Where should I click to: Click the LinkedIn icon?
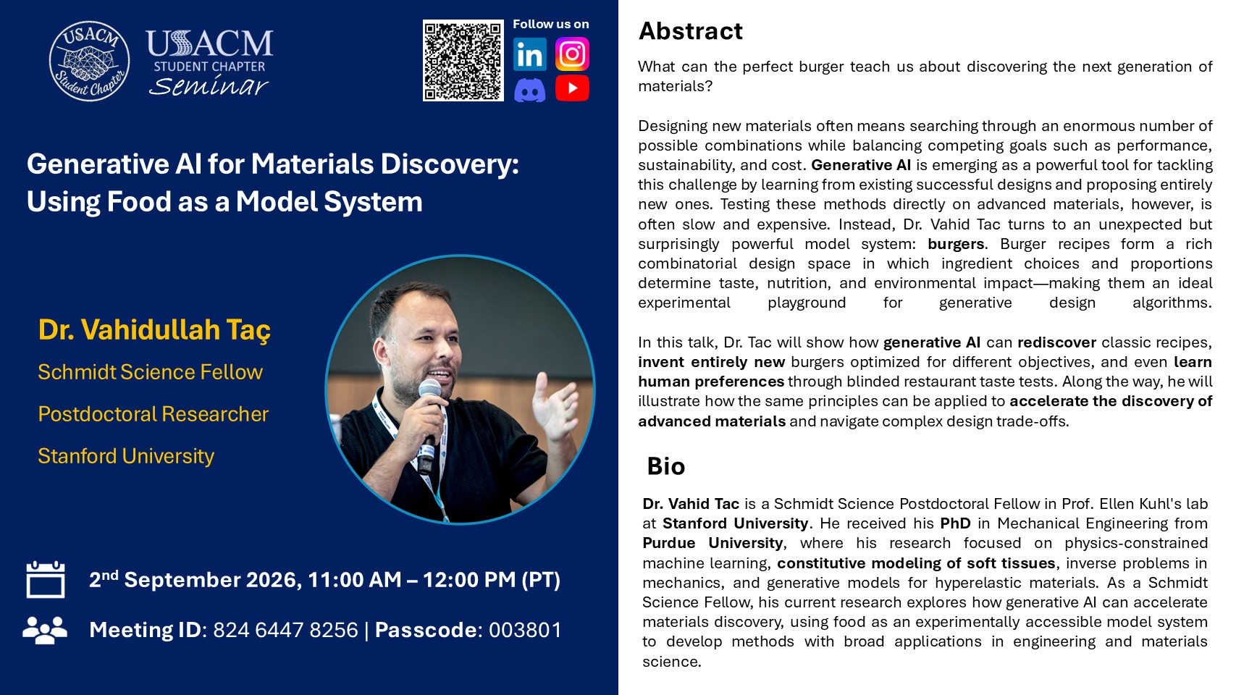pyautogui.click(x=530, y=54)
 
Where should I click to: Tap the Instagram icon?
pyautogui.click(x=572, y=54)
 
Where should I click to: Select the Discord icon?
pyautogui.click(x=530, y=90)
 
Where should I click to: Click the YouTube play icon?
pyautogui.click(x=572, y=88)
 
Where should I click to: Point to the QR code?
pyautogui.click(x=463, y=61)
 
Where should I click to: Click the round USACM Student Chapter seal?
pyautogui.click(x=89, y=62)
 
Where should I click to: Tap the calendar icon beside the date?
pyautogui.click(x=45, y=579)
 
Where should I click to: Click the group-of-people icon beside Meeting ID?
pyautogui.click(x=45, y=630)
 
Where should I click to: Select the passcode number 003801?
pyautogui.click(x=525, y=630)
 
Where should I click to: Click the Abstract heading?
pyautogui.click(x=690, y=31)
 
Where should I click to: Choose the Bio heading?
pyautogui.click(x=666, y=466)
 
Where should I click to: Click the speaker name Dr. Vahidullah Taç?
pyautogui.click(x=154, y=330)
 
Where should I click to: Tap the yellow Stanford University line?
pyautogui.click(x=126, y=456)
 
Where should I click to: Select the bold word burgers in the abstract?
pyautogui.click(x=956, y=244)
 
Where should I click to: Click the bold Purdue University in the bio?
pyautogui.click(x=712, y=543)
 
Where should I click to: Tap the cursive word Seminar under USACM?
pyautogui.click(x=209, y=86)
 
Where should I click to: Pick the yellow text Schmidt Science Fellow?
pyautogui.click(x=150, y=372)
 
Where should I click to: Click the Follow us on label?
pyautogui.click(x=551, y=25)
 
